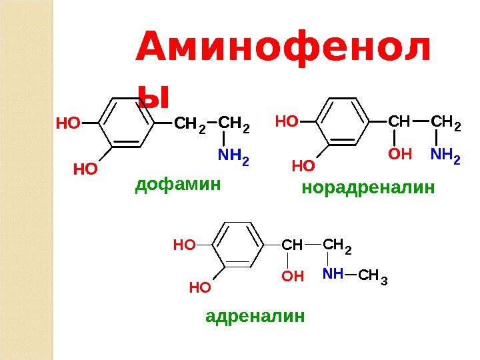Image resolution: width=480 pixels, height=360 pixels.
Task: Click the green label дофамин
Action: click(x=177, y=184)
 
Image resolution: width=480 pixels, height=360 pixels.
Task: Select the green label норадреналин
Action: click(x=368, y=189)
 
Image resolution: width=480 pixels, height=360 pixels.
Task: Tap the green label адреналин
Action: click(x=255, y=315)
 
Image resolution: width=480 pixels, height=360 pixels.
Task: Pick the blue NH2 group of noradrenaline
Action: click(x=445, y=157)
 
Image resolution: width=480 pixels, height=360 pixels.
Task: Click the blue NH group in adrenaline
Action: click(x=333, y=274)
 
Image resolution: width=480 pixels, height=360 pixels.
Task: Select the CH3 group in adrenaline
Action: click(x=372, y=275)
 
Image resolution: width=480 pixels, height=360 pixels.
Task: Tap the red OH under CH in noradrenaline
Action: click(x=400, y=155)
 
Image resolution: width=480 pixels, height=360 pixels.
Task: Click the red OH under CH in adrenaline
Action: click(x=293, y=275)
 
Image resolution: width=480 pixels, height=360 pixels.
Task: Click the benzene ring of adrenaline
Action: click(x=237, y=245)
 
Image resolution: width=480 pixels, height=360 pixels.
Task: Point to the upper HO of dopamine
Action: click(x=67, y=123)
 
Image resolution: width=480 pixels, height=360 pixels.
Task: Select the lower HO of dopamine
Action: click(x=85, y=169)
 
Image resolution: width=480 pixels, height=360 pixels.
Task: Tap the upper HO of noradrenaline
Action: click(x=287, y=122)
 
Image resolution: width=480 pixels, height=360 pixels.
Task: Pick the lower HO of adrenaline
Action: click(x=199, y=288)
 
